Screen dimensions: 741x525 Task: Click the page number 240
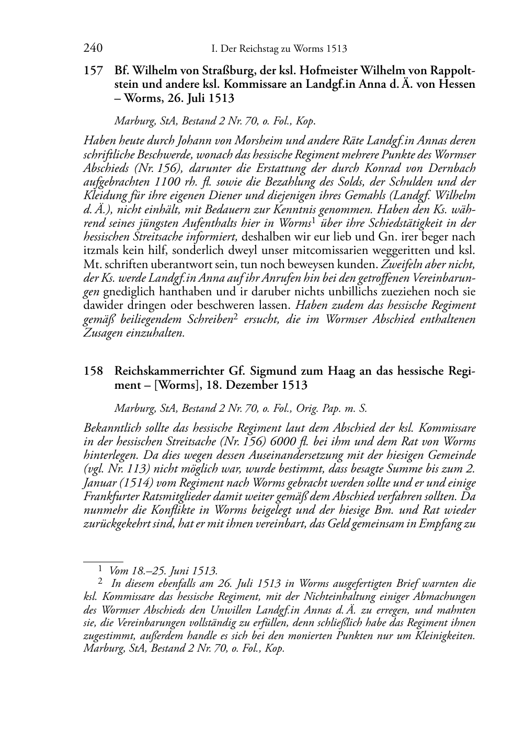pos(93,49)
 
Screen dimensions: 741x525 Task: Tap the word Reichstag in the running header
pos(259,49)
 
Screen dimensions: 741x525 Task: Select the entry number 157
pos(93,71)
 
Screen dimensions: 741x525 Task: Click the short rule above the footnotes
pos(103,561)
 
